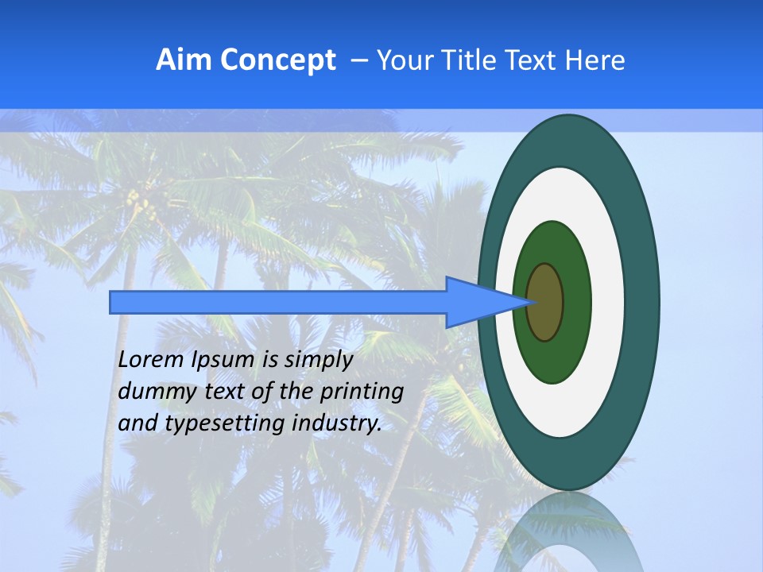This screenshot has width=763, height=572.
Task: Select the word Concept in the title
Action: pos(277,60)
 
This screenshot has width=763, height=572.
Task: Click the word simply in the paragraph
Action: pos(318,361)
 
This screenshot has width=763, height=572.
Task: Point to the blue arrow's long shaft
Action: pos(278,302)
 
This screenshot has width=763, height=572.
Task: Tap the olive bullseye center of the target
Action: pos(545,302)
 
